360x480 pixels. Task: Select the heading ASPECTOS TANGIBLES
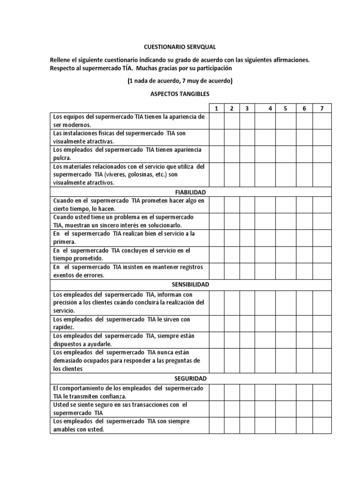click(x=180, y=94)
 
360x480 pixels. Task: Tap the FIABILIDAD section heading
click(x=190, y=192)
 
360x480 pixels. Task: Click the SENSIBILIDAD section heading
click(x=190, y=285)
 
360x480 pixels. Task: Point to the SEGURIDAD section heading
click(x=190, y=378)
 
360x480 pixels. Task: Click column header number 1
click(x=217, y=108)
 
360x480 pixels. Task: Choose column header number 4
click(x=270, y=108)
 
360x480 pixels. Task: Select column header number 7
click(x=322, y=108)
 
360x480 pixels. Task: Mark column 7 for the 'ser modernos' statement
click(x=322, y=121)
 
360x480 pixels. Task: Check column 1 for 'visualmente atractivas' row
click(x=217, y=137)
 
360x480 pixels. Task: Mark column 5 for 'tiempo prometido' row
click(x=285, y=255)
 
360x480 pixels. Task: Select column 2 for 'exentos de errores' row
click(x=232, y=271)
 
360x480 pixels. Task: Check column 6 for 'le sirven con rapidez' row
click(x=304, y=323)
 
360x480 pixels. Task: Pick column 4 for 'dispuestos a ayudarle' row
click(x=266, y=340)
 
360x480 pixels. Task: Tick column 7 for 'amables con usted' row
click(x=322, y=425)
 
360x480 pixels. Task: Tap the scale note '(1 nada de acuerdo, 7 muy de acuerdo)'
click(x=180, y=81)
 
